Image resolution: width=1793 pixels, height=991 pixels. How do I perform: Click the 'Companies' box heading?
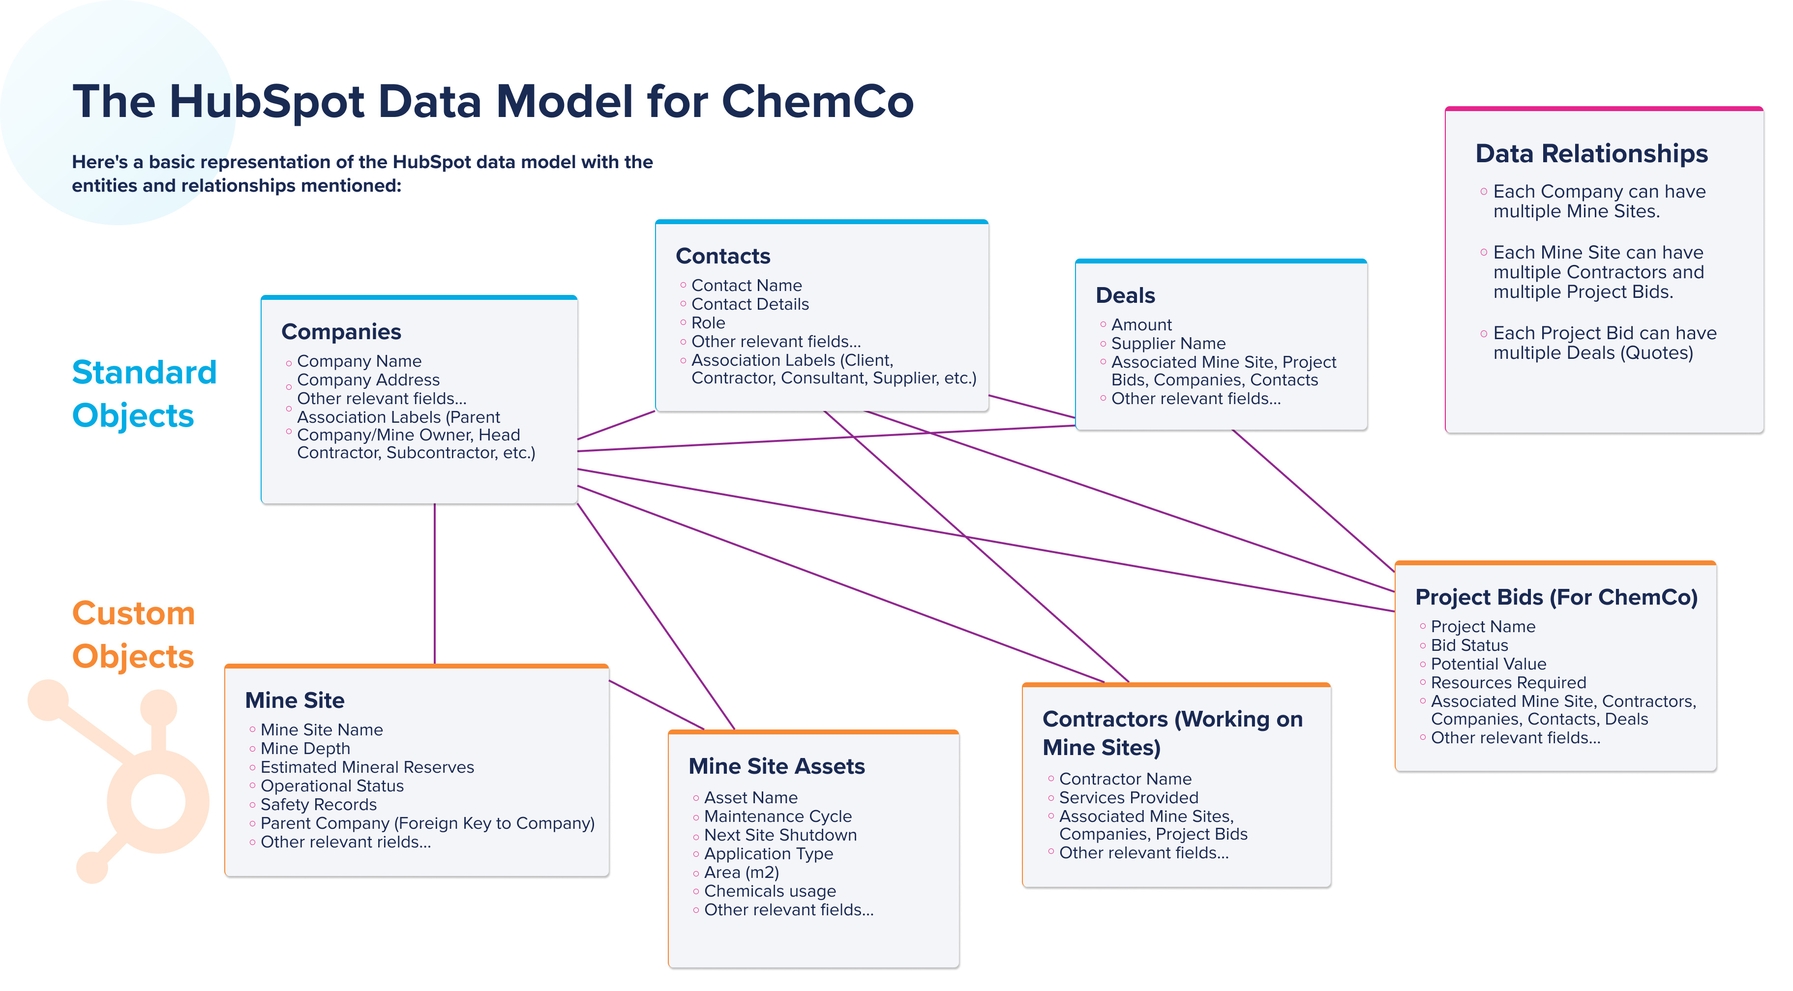coord(341,332)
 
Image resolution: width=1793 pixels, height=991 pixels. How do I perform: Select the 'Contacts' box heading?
coord(723,256)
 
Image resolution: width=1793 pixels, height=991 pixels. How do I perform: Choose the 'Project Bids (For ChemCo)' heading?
coord(1557,597)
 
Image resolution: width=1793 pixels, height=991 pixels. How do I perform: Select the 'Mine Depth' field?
coord(305,748)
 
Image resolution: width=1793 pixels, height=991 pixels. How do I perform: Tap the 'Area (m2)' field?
coord(741,872)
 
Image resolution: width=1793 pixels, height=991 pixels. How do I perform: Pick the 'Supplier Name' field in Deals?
coord(1168,343)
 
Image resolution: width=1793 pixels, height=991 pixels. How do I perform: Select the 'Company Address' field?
coord(368,380)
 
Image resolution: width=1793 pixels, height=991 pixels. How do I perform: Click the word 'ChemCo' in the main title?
coord(818,102)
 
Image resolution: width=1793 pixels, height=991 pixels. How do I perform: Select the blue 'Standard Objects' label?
coord(144,394)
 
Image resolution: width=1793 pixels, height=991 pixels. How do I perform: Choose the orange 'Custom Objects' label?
coord(134,635)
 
